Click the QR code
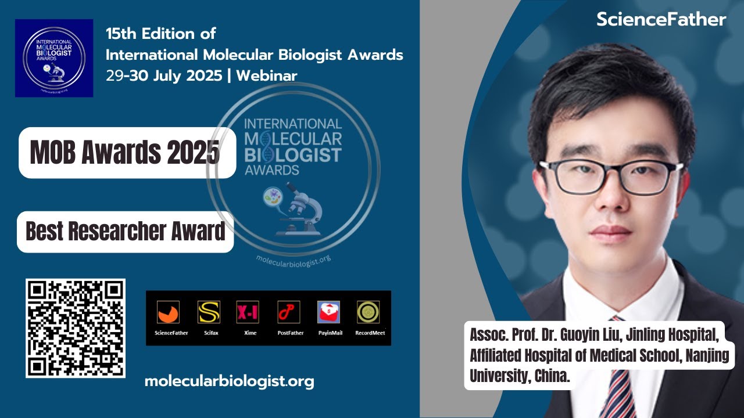coord(76,328)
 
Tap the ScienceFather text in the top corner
coord(661,20)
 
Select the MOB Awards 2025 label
coord(125,153)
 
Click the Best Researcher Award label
coord(125,232)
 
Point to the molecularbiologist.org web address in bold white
coord(229,381)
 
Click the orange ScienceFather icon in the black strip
coord(168,312)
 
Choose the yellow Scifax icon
coord(209,312)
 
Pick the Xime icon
coord(247,312)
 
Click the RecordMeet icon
coord(368,312)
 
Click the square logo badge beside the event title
coord(54,58)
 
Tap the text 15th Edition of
coord(161,33)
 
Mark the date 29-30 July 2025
coord(164,76)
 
